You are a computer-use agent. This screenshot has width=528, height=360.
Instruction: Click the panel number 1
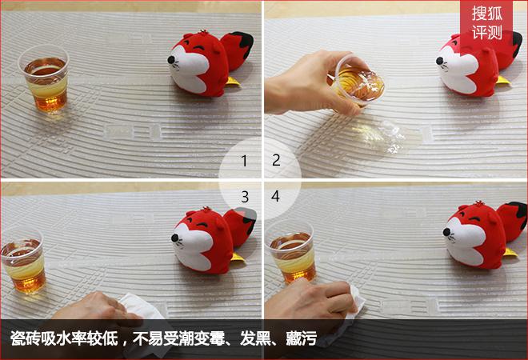coord(244,161)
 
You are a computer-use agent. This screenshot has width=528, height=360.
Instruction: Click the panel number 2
coord(276,161)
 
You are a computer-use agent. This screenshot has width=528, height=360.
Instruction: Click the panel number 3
coord(244,196)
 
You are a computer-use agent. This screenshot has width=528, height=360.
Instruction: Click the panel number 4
coord(276,196)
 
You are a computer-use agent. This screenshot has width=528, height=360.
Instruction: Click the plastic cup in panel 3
coord(22,261)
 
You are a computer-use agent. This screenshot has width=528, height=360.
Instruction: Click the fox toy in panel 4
coord(480,236)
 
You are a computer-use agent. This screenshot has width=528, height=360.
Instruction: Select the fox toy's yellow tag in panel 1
coord(233,81)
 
